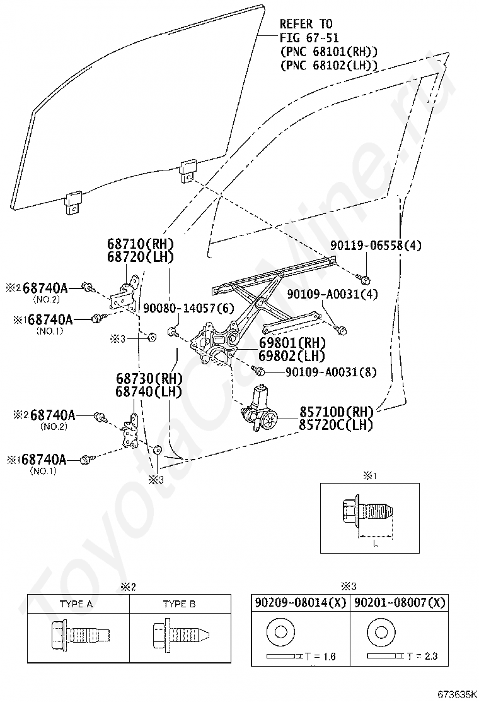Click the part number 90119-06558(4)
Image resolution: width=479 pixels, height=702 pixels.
point(376,246)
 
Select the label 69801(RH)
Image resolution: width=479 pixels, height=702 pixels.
point(292,343)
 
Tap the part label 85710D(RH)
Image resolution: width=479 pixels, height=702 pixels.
point(335,412)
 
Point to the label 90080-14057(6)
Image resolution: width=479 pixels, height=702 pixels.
point(188,307)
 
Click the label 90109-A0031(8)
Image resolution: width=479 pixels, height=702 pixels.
point(331,372)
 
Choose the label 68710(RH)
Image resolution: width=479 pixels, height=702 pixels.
point(140,244)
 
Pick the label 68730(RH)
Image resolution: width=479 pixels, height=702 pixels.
point(149,378)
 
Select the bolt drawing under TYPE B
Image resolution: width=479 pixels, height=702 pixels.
point(179,636)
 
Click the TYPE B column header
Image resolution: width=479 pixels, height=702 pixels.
point(179,604)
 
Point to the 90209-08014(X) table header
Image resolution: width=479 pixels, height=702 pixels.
point(300,603)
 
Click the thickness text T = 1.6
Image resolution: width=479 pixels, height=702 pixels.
point(320,657)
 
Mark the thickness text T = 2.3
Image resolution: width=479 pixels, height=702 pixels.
point(422,657)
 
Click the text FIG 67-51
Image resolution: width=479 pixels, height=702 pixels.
point(309,38)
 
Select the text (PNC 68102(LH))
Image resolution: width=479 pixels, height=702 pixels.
point(329,66)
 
